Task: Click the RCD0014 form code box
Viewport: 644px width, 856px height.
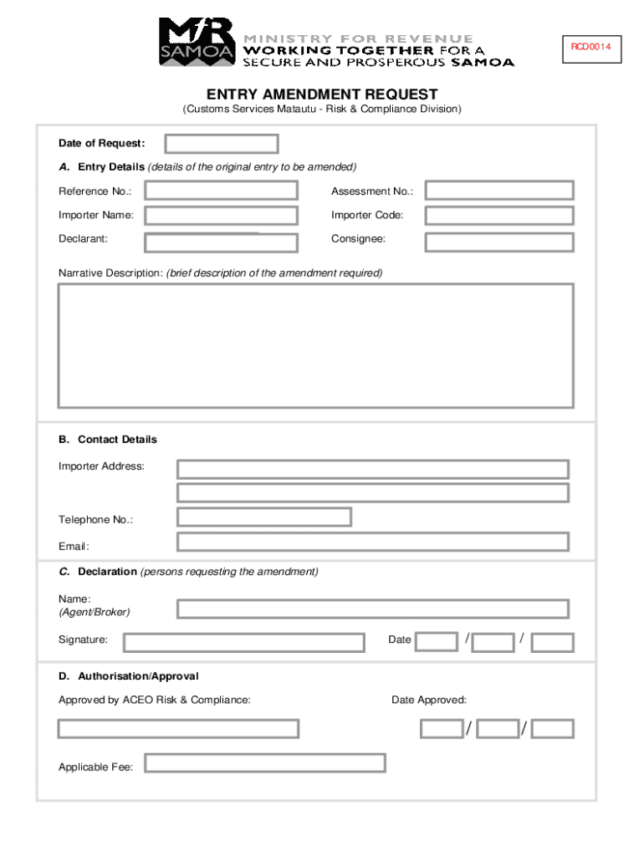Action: (x=591, y=47)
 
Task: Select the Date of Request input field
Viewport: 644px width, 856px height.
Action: (x=222, y=144)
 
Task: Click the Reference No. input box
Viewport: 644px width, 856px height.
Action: (x=221, y=191)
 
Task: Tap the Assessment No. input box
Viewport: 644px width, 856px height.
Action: (x=499, y=191)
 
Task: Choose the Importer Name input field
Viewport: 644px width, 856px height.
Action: (x=221, y=216)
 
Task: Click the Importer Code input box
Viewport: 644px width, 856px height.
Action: (x=499, y=216)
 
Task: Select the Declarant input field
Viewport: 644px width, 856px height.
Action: (x=221, y=242)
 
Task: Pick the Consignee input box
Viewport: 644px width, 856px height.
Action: (x=499, y=242)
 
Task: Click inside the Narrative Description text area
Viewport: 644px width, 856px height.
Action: (x=315, y=345)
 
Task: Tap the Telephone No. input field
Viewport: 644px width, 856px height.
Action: (x=264, y=517)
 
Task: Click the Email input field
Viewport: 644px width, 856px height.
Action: (x=373, y=542)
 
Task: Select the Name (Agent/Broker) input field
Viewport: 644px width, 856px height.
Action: (x=373, y=609)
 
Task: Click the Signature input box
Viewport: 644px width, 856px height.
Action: (x=244, y=642)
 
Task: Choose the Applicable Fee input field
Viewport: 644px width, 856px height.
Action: (x=265, y=763)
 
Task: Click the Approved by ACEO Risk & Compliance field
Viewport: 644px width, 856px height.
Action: (x=178, y=728)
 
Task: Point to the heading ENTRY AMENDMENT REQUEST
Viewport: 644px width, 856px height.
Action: (x=322, y=95)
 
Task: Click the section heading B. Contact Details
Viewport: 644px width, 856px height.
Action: (x=108, y=440)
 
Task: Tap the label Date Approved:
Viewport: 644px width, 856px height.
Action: (x=429, y=700)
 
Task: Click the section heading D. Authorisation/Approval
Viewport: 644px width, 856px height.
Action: (x=129, y=676)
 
